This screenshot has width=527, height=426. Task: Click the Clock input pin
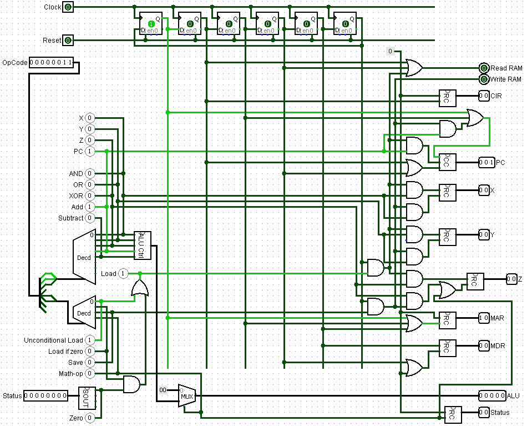(68, 7)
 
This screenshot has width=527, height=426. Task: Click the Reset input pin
(68, 41)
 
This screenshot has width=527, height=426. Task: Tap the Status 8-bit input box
(45, 396)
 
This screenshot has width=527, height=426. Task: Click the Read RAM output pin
(484, 68)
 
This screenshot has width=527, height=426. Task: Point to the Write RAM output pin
(484, 79)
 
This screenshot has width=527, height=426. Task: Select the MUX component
(187, 395)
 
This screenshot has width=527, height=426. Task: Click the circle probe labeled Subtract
(90, 218)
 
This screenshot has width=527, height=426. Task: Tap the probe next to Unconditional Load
(90, 340)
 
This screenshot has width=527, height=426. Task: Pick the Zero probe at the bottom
(90, 417)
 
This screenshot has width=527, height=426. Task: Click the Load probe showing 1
(123, 274)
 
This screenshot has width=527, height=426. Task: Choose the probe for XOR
(90, 196)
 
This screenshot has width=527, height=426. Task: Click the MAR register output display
(484, 318)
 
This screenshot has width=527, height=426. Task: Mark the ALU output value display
(492, 395)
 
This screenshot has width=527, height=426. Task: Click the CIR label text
(496, 96)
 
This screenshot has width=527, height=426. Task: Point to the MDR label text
(498, 346)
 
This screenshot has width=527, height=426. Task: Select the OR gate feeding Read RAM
(414, 68)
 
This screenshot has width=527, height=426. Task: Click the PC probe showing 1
(90, 151)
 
